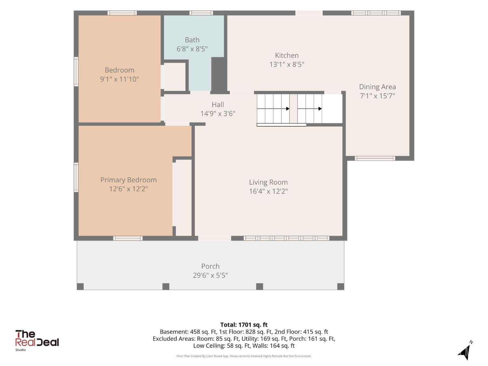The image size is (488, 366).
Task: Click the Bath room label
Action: [x=192, y=40]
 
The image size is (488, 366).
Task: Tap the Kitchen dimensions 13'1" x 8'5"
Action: [x=287, y=64]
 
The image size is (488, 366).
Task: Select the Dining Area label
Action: [x=377, y=87]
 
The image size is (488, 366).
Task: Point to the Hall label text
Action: [x=218, y=104]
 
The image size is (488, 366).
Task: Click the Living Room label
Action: [x=268, y=182]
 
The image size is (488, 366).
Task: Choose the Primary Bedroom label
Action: [x=129, y=180]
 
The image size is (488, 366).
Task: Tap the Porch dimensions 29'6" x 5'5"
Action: [x=210, y=275]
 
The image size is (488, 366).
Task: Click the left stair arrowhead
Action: [x=288, y=109]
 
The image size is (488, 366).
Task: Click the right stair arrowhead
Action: [x=320, y=109]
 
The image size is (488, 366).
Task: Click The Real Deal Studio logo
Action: [x=37, y=340]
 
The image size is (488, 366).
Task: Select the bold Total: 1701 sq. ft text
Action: [x=244, y=325]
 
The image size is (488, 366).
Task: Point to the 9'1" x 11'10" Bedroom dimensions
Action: [x=119, y=79]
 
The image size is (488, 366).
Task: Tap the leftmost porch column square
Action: [x=80, y=286]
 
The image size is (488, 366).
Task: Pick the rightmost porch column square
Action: [x=341, y=286]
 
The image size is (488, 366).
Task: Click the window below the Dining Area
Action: [x=375, y=158]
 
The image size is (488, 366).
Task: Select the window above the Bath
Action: [x=201, y=13]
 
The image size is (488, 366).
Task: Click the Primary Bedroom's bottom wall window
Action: [x=128, y=238]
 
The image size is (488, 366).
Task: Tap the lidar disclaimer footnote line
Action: [x=244, y=356]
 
